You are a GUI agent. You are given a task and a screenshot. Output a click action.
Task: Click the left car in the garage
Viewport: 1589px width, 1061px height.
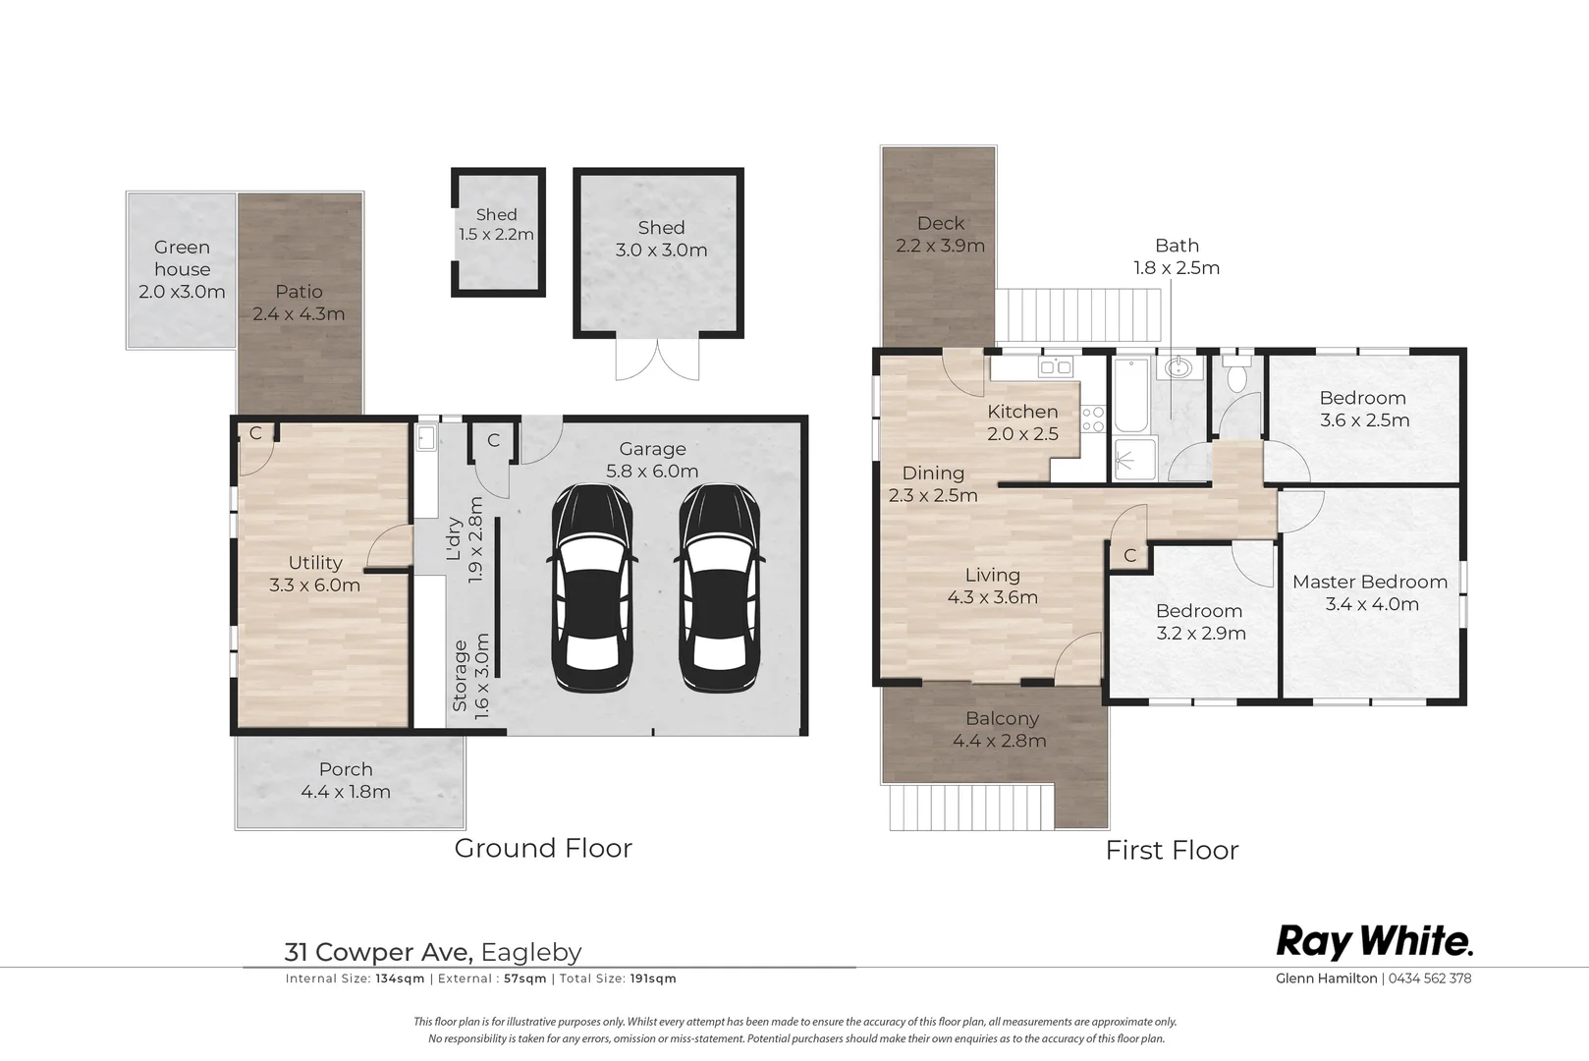[x=591, y=588]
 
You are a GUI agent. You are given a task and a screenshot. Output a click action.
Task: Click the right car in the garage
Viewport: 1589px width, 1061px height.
[x=719, y=588]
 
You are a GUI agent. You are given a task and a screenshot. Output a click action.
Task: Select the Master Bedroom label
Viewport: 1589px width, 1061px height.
[x=1370, y=582]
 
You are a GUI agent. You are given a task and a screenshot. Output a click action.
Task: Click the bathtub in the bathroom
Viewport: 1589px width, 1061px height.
[x=1130, y=395]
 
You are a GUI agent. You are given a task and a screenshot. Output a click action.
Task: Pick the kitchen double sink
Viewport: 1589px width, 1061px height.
[x=1055, y=366]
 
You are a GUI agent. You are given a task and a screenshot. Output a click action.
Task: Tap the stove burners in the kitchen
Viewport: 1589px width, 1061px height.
[x=1093, y=419]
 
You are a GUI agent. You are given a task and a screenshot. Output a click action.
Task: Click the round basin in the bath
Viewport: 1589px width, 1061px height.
[x=1178, y=367]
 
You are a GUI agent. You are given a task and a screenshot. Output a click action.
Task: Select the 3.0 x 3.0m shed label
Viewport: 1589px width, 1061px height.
[x=661, y=239]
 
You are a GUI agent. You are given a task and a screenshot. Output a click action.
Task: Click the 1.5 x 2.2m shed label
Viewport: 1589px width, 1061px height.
[x=496, y=224]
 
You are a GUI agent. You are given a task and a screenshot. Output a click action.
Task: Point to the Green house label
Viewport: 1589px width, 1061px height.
[x=183, y=258]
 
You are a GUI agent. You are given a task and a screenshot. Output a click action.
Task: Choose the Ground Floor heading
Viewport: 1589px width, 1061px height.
[x=543, y=849]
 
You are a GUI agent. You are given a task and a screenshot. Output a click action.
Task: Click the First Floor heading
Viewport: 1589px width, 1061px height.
[x=1172, y=850]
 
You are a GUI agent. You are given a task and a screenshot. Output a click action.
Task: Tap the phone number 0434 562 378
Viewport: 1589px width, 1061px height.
[x=1429, y=978]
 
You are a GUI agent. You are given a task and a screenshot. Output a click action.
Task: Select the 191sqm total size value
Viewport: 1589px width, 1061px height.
[x=653, y=978]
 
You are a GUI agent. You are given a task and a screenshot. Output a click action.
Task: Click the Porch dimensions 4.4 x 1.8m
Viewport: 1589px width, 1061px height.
[x=346, y=792]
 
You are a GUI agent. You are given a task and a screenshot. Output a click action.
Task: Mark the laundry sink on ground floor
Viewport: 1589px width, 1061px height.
[x=425, y=438]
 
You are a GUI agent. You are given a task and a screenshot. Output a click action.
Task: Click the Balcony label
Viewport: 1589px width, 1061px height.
[x=1003, y=719]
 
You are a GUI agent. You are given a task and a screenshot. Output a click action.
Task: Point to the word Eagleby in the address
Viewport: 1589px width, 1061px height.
[x=531, y=952]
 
